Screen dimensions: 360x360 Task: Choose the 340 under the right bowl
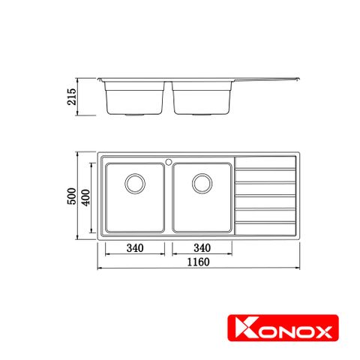202,248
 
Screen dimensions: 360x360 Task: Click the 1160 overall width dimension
198,262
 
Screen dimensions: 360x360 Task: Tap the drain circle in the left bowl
134,182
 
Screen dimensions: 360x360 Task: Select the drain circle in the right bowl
202,182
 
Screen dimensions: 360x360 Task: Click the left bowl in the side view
135,98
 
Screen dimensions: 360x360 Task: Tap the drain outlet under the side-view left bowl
135,116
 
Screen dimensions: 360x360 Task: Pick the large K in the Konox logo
243,329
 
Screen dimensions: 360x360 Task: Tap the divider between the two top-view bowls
169,196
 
